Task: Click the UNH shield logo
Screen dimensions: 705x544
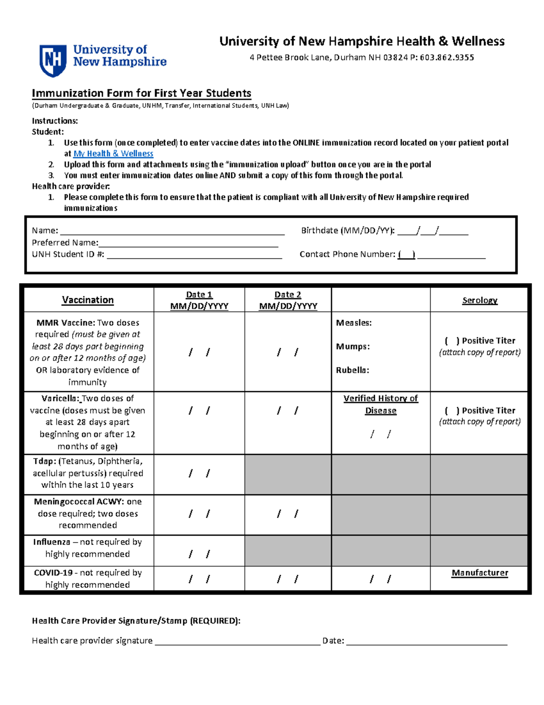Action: point(53,60)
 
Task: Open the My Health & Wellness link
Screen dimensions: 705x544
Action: point(113,154)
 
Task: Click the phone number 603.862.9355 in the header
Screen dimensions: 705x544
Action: point(447,58)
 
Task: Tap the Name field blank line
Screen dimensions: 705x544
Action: point(172,231)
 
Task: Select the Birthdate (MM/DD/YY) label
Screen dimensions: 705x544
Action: point(348,231)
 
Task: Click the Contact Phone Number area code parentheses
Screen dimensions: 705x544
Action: point(407,255)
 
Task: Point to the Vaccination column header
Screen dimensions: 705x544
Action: point(88,300)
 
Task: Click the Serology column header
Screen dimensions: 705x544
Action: point(480,301)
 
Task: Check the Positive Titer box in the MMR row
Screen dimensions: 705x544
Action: point(452,341)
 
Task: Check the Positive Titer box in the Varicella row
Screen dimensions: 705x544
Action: point(452,411)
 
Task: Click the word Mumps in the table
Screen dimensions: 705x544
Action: point(353,347)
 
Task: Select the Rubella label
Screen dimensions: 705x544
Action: point(352,370)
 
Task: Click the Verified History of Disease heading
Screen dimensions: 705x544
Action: point(381,404)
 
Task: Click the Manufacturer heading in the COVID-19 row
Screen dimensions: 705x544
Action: point(480,573)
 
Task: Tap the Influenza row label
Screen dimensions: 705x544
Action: point(87,548)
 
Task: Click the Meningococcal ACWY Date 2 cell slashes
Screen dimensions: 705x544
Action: point(288,514)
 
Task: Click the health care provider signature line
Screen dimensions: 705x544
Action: point(238,641)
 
